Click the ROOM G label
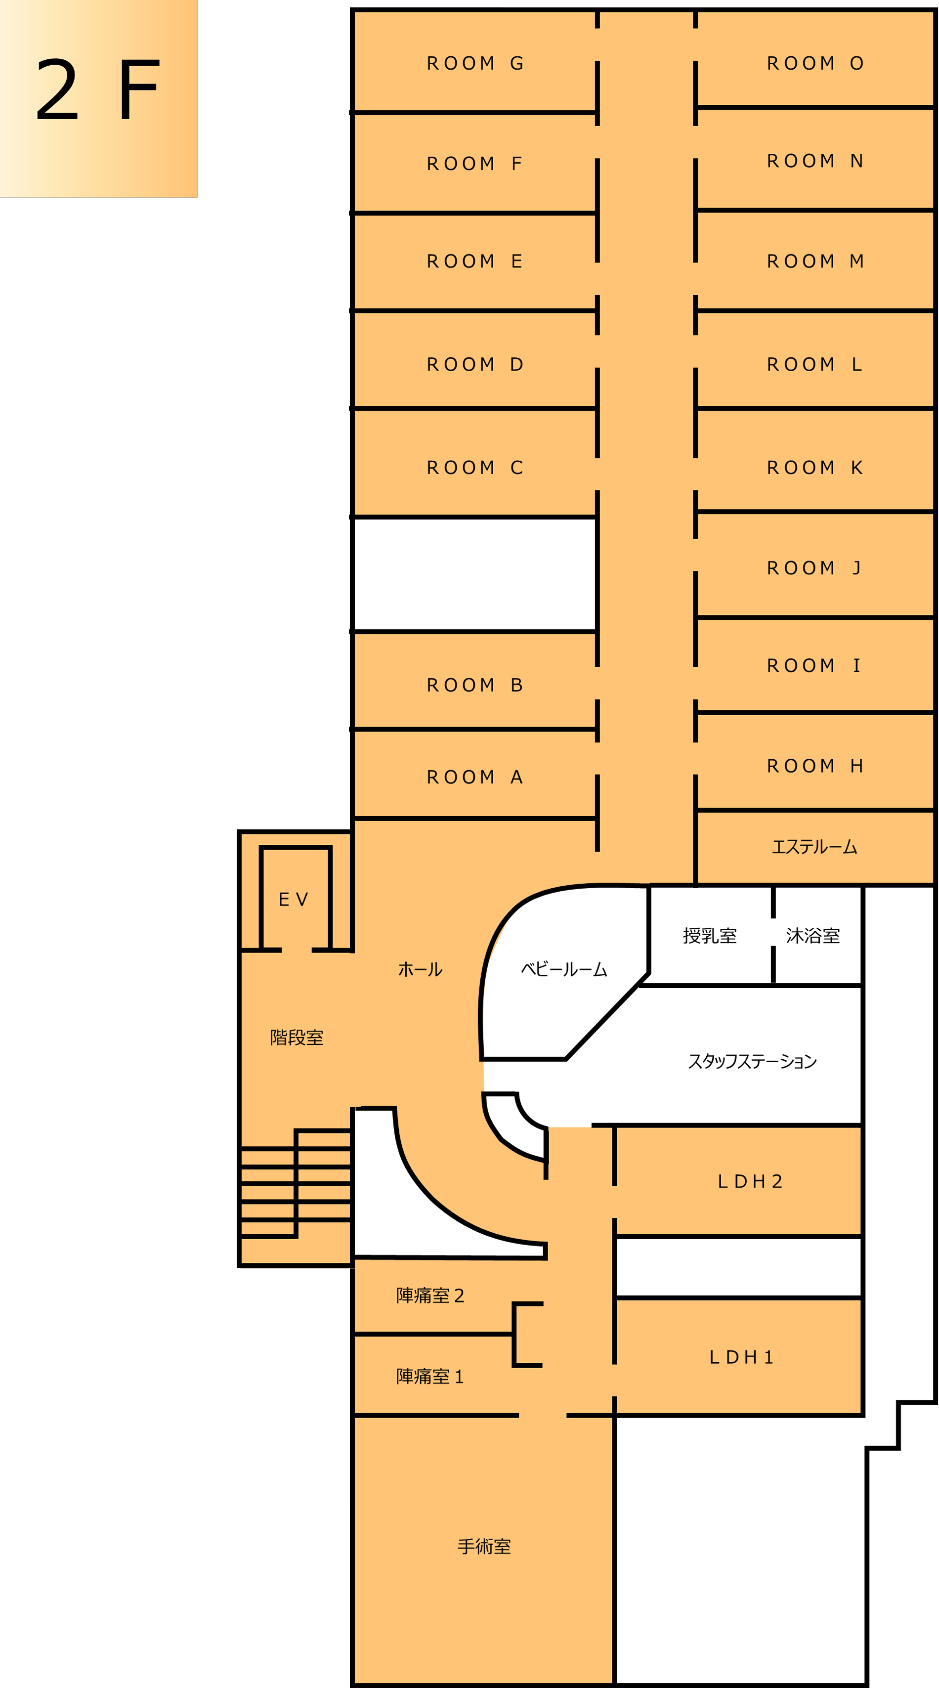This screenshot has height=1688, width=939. pos(474,64)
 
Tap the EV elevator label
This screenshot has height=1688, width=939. pos(293,900)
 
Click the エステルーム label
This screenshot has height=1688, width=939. pos(814,847)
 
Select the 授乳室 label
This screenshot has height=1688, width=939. pos(710,936)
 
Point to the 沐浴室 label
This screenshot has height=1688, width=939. pos(812,936)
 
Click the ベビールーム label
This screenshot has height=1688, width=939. pos(564,970)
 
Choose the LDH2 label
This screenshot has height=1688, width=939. pos(750,1181)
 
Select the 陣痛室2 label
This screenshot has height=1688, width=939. pos(430,1296)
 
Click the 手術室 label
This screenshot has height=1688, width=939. pos(484,1547)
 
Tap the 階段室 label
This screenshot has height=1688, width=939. pos(297,1038)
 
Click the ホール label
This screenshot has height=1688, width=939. pos(420,970)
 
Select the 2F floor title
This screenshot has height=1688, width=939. pos(98,90)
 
